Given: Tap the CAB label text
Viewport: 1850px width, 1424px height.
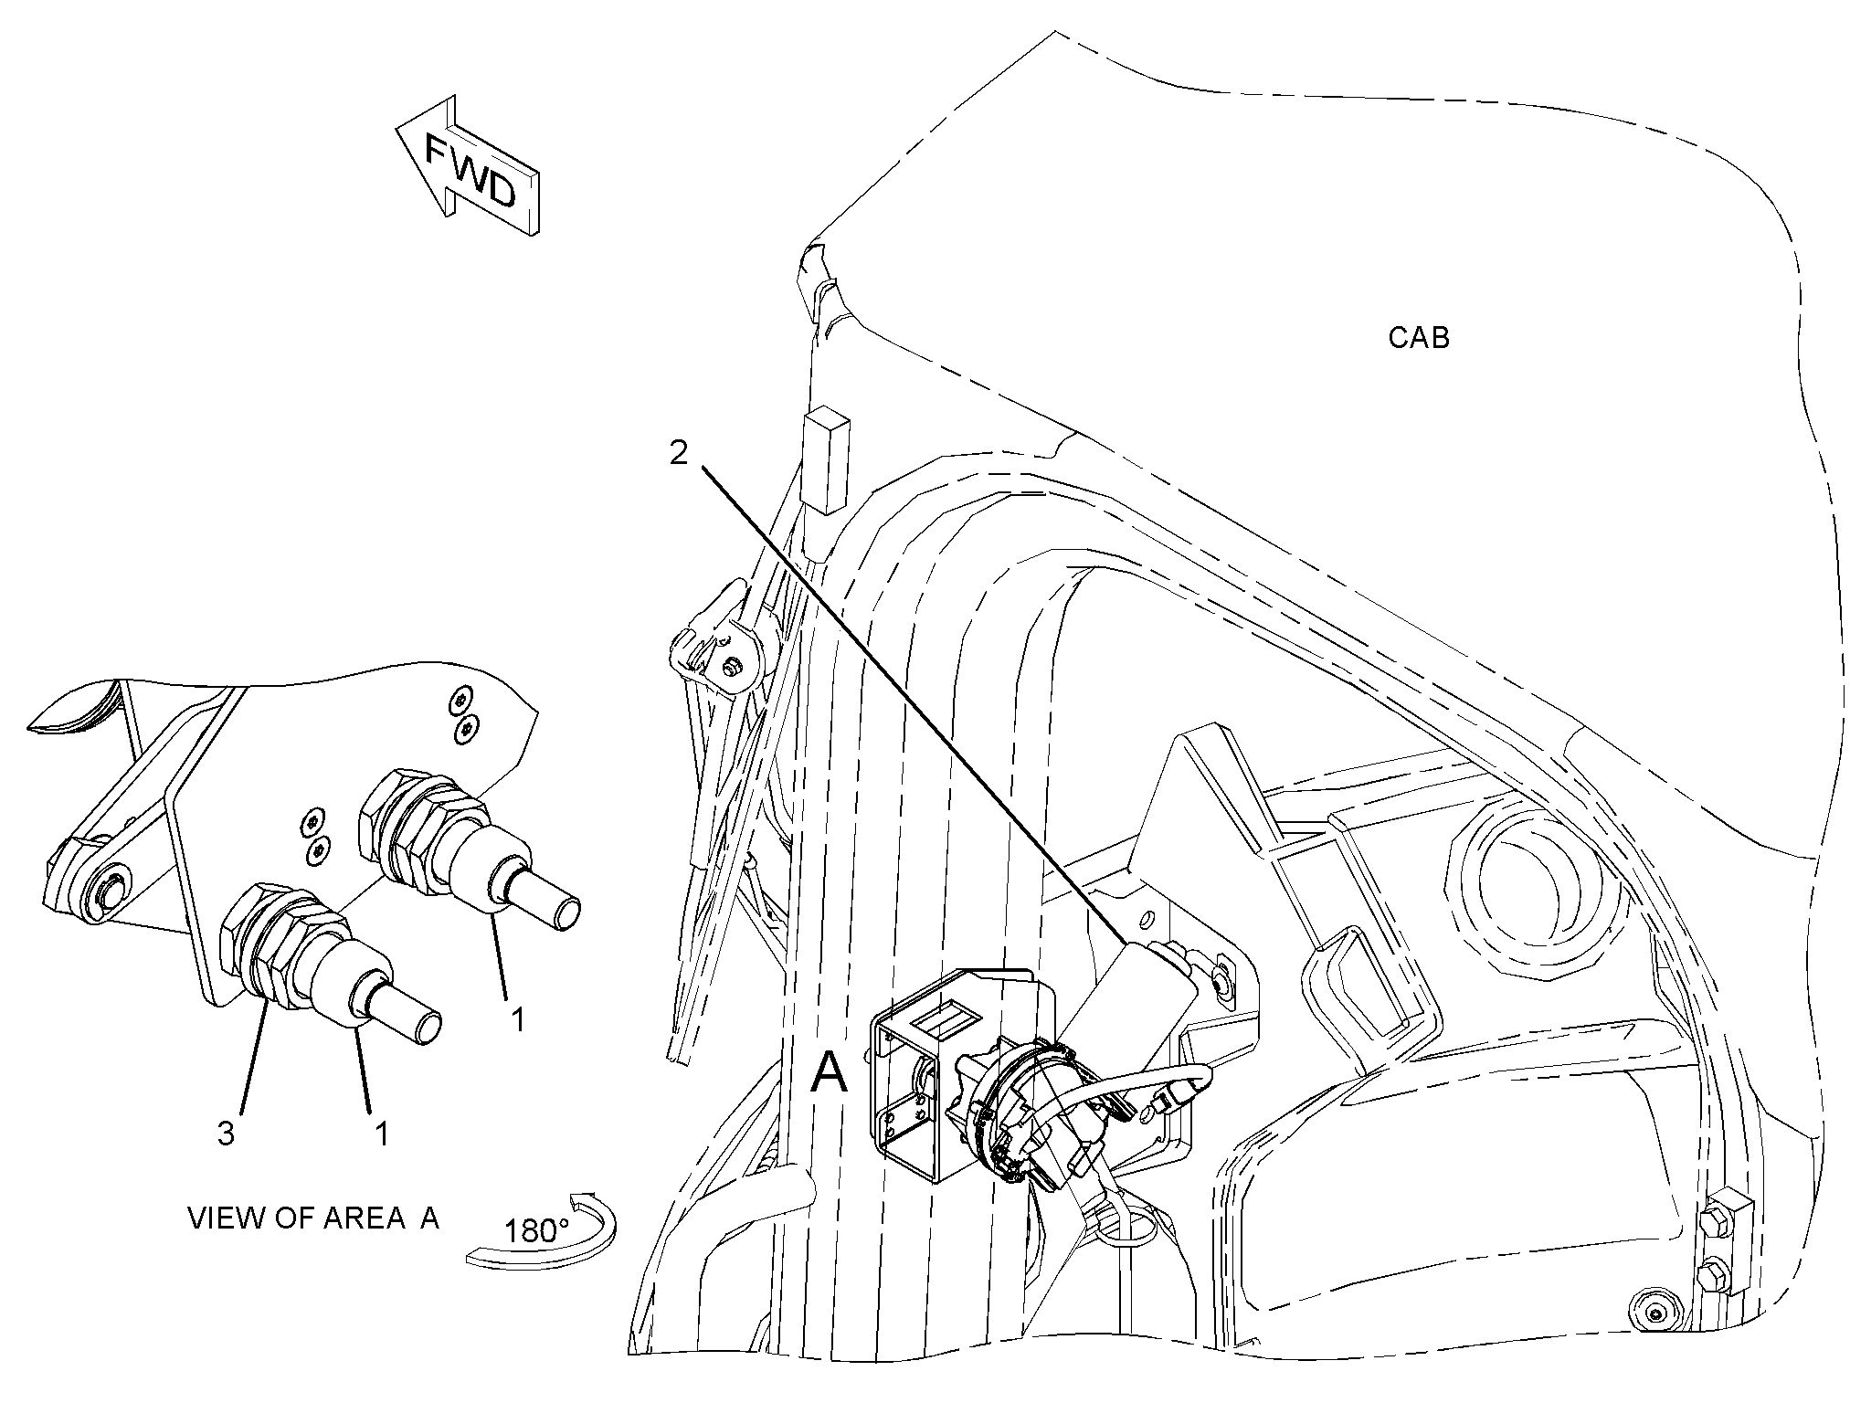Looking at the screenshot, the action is coord(1418,338).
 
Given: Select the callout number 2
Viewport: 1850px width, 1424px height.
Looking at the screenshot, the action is coord(679,452).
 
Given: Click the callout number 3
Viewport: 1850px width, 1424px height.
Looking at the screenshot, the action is coord(226,1134).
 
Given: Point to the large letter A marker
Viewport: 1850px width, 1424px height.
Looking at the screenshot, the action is coord(830,1071).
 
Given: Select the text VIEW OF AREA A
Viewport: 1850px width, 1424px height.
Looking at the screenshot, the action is coord(313,1218).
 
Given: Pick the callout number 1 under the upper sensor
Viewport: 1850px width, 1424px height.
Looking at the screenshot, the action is coord(518,1018).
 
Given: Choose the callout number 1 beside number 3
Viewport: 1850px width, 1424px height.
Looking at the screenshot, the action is coord(383,1134).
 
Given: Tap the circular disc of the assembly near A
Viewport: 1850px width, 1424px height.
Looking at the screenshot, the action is coord(1031,1111).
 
